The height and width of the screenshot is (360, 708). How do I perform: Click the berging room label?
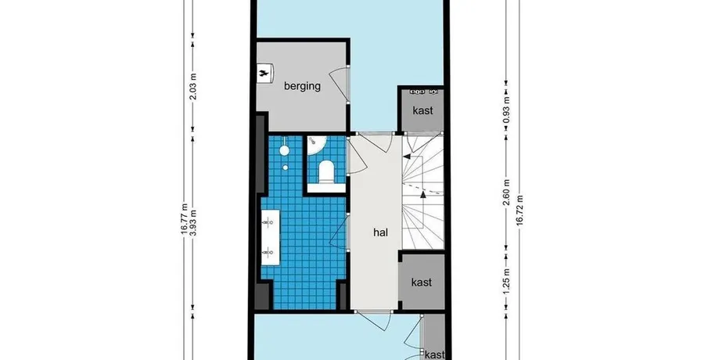point(302,86)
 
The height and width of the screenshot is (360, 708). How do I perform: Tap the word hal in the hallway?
point(381,232)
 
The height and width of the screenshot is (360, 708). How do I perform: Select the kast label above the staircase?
point(422,110)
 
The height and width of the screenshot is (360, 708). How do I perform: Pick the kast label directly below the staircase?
point(421,283)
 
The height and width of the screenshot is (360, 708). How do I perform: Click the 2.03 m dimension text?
point(193,87)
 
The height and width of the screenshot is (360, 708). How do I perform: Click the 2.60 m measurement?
point(506,193)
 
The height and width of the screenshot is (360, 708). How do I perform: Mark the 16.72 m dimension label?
point(519,210)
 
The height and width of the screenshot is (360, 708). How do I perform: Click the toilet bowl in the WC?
point(326,172)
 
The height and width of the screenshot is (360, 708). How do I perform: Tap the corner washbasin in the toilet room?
point(315,145)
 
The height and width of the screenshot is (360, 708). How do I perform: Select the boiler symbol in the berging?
point(264,74)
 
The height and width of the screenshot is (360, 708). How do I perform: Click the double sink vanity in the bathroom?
point(270,236)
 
